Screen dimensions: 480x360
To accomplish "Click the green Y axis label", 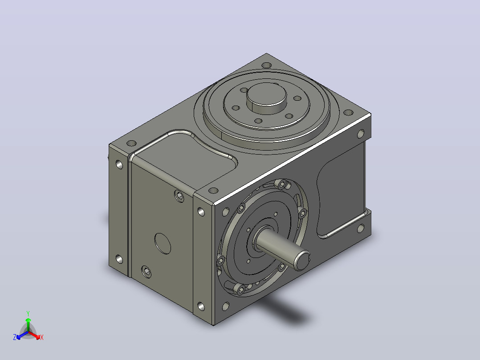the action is [x=28, y=313].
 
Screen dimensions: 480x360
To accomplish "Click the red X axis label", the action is [x=42, y=337].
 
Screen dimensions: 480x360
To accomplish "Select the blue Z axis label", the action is [x=15, y=337].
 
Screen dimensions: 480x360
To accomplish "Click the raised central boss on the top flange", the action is [x=266, y=98].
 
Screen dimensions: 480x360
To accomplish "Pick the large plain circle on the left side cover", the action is [x=163, y=244].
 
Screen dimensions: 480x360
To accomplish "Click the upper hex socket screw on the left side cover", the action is [x=179, y=196].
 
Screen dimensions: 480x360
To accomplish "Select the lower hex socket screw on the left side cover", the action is [x=146, y=272].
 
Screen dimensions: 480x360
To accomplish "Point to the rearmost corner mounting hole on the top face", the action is [x=267, y=65].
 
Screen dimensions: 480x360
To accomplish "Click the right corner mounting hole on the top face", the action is [x=348, y=113].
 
